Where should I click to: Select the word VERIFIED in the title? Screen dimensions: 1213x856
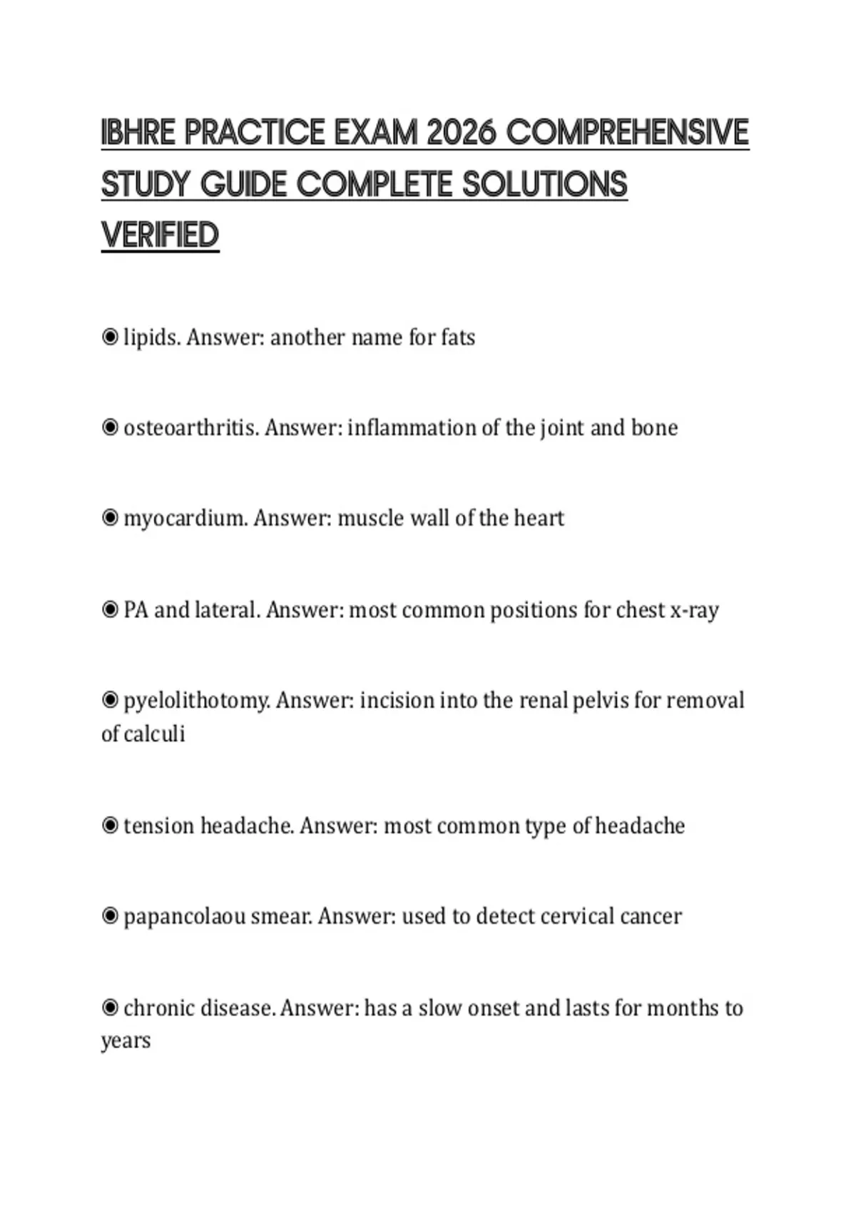pos(160,235)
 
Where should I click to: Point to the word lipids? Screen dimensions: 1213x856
pos(151,337)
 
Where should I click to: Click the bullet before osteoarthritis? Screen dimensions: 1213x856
pos(110,427)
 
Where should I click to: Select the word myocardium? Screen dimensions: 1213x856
pos(185,519)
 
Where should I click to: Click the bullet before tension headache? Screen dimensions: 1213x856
pos(110,826)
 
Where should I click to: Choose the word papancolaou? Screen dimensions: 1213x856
pos(184,917)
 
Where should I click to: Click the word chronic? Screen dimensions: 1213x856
pos(158,1008)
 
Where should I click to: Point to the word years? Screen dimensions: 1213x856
pos(126,1041)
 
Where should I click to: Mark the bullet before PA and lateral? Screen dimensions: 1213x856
pos(110,610)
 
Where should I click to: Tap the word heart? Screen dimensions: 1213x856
pos(539,519)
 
